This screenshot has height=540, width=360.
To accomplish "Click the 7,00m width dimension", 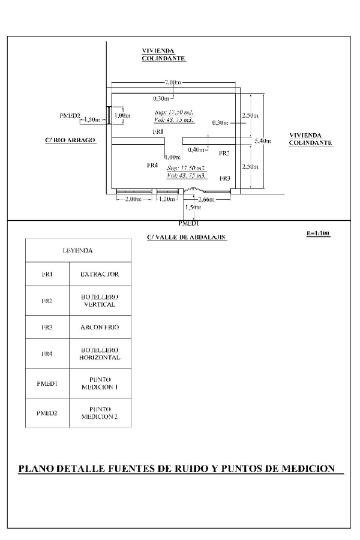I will pos(173,82).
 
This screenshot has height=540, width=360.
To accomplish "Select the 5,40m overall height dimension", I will pos(263,141).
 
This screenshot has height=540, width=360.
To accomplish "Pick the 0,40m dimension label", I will pos(196,149).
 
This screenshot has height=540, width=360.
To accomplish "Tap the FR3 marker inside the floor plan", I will pos(224,178).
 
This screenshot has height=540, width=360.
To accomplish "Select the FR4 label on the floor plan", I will pos(152,165).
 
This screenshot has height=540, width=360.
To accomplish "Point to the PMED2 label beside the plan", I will pos(70,115).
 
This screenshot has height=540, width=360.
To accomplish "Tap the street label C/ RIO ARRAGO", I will pos(70,140).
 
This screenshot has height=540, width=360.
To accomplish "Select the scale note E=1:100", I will pos(318,233).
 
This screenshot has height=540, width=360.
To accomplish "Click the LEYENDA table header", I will pos(77,250).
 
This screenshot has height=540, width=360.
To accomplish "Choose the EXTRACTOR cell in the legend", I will pos(100,274).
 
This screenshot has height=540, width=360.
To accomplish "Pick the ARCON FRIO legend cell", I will pos(100,327).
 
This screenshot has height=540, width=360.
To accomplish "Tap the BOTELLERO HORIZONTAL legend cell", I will pos(100,353).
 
